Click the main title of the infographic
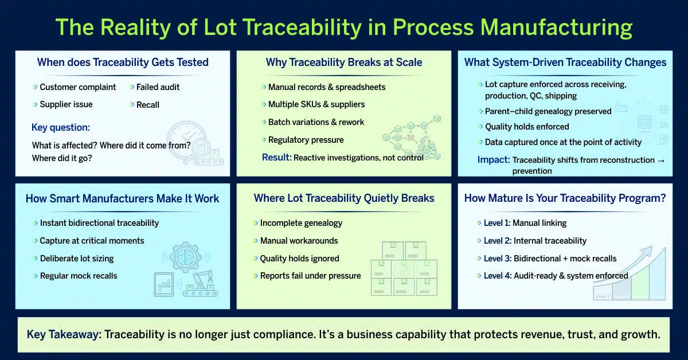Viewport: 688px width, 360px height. click(344, 28)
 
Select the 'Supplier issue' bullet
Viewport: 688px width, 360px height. click(66, 104)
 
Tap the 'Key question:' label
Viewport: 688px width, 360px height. click(61, 127)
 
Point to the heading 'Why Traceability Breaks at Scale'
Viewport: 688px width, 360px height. click(344, 62)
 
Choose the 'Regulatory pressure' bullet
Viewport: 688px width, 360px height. click(306, 140)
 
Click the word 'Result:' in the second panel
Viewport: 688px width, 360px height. click(276, 157)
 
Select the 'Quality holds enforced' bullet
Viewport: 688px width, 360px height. click(527, 127)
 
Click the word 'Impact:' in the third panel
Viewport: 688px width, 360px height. click(493, 160)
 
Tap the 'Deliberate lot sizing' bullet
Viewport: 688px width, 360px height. click(76, 259)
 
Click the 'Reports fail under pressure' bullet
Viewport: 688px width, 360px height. click(310, 276)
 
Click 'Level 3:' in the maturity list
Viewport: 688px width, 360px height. click(497, 259)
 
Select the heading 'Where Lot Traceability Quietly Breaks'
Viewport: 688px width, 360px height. click(344, 198)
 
